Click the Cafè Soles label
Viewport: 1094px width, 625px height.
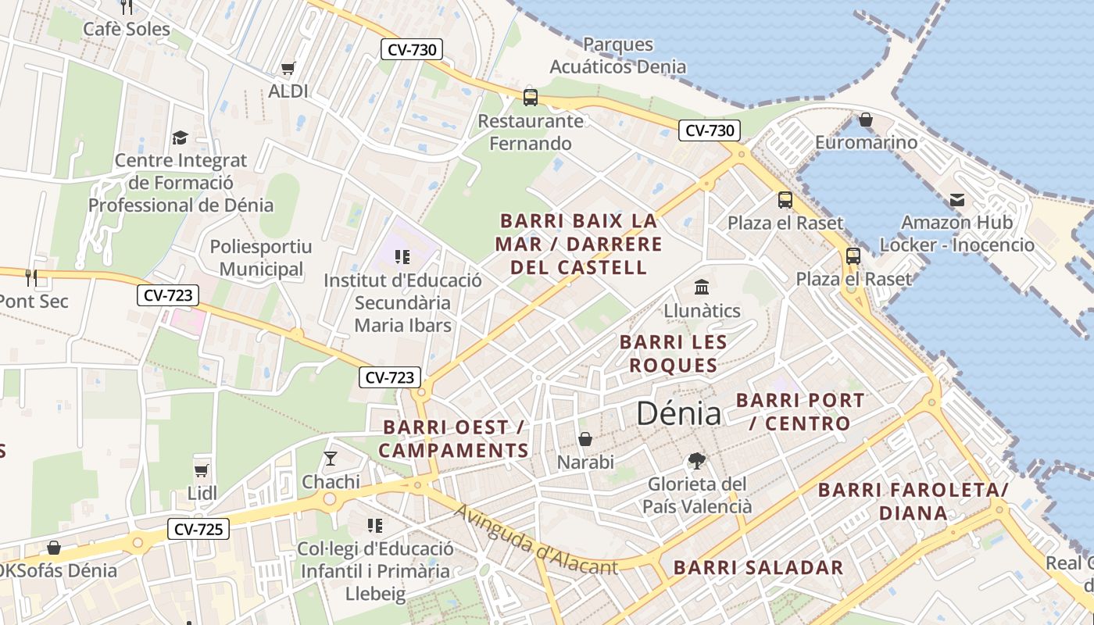click(x=127, y=30)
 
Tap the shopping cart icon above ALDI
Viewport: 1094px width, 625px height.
click(x=288, y=69)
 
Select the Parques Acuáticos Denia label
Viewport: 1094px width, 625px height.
click(x=617, y=55)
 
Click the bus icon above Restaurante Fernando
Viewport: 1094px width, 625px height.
click(x=531, y=98)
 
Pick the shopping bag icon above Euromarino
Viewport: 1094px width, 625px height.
click(x=865, y=120)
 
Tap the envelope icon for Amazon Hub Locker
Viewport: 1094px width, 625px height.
click(x=956, y=200)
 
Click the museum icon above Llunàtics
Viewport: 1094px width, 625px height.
click(x=702, y=287)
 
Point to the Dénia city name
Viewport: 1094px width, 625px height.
click(x=678, y=413)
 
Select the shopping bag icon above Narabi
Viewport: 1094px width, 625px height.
click(x=585, y=440)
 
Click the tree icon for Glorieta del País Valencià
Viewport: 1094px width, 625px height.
click(x=696, y=461)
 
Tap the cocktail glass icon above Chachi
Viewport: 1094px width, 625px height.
click(x=331, y=459)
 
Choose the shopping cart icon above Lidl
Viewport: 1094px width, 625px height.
click(x=202, y=470)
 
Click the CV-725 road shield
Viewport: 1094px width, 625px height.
click(x=198, y=530)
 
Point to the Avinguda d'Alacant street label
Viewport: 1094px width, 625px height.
click(x=535, y=540)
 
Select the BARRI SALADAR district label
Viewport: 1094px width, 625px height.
click(x=758, y=568)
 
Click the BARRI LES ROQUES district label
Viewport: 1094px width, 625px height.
click(x=673, y=354)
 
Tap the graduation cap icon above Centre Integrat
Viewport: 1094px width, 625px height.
click(x=181, y=138)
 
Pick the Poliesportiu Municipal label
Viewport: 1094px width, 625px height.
click(x=261, y=259)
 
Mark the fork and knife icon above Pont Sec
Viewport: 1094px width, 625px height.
click(x=31, y=277)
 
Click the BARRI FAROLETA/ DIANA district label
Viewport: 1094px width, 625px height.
click(x=913, y=502)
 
